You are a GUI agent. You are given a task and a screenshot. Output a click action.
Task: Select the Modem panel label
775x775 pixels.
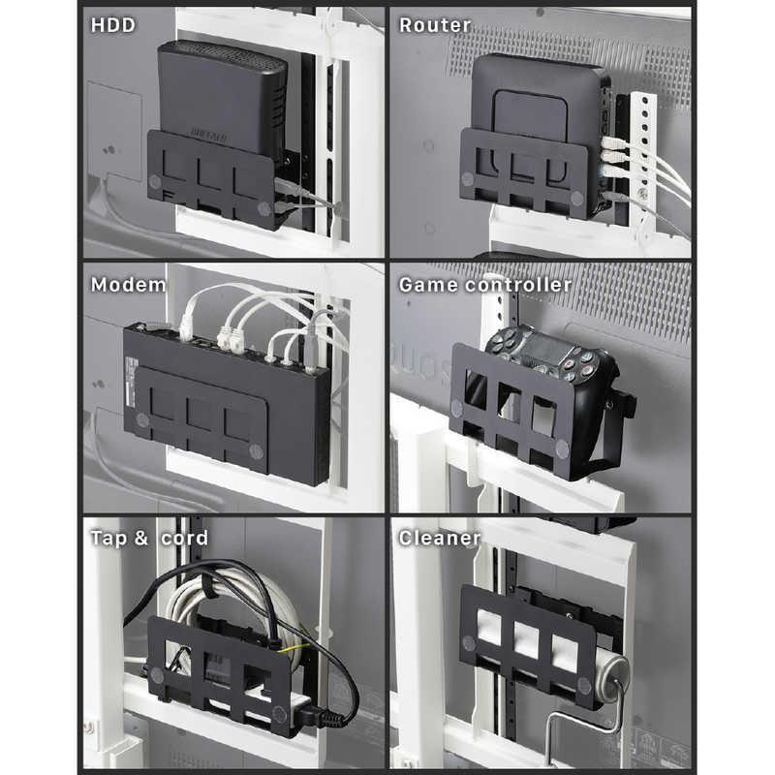coord(129,285)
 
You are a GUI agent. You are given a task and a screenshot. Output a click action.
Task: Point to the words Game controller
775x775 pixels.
coord(484,285)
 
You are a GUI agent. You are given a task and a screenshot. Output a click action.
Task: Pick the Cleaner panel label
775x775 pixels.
coord(439,539)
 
